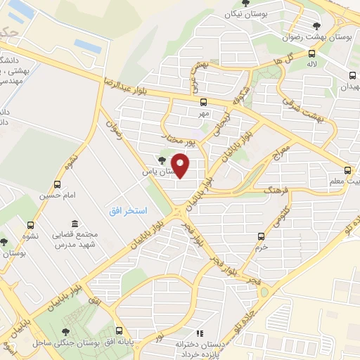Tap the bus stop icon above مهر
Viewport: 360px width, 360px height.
click(x=193, y=102)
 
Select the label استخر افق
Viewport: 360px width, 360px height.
click(x=127, y=211)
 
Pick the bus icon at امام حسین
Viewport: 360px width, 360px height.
click(x=58, y=185)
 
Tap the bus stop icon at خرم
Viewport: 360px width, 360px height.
click(x=262, y=236)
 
